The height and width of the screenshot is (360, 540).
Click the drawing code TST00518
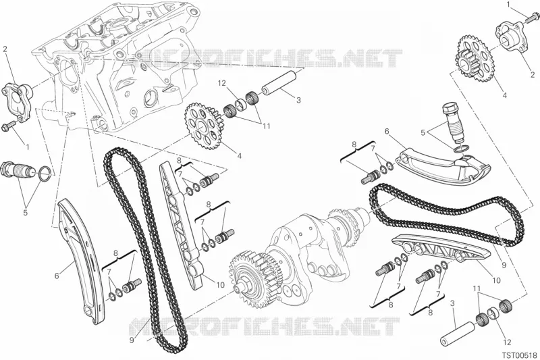pyautogui.click(x=519, y=355)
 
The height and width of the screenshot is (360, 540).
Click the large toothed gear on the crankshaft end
pyautogui.click(x=247, y=280)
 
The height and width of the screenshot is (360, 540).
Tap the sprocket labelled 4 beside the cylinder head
pyautogui.click(x=203, y=126)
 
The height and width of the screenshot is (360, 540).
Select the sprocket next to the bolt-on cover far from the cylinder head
pyautogui.click(x=475, y=59)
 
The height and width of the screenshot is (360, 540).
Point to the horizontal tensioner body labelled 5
pyautogui.click(x=18, y=168)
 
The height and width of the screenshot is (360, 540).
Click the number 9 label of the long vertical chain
pyautogui.click(x=131, y=340)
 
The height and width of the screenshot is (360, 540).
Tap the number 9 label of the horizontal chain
pyautogui.click(x=504, y=265)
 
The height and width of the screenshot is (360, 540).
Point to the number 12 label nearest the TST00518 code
pyautogui.click(x=507, y=342)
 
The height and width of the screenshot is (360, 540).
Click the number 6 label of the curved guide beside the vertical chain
pyautogui.click(x=57, y=276)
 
